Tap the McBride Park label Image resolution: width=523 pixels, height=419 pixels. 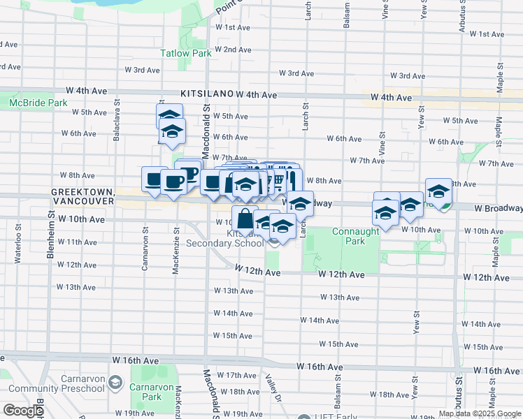pos(38,103)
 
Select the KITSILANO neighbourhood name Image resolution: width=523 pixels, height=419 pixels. pos(206,93)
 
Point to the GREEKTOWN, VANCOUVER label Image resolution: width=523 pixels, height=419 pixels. pos(83,196)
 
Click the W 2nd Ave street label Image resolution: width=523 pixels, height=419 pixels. pos(233,50)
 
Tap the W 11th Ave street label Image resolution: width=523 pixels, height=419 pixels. pos(78,242)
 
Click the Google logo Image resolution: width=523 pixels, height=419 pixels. pos(23,411)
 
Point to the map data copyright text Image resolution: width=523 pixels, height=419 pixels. pos(480,413)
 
